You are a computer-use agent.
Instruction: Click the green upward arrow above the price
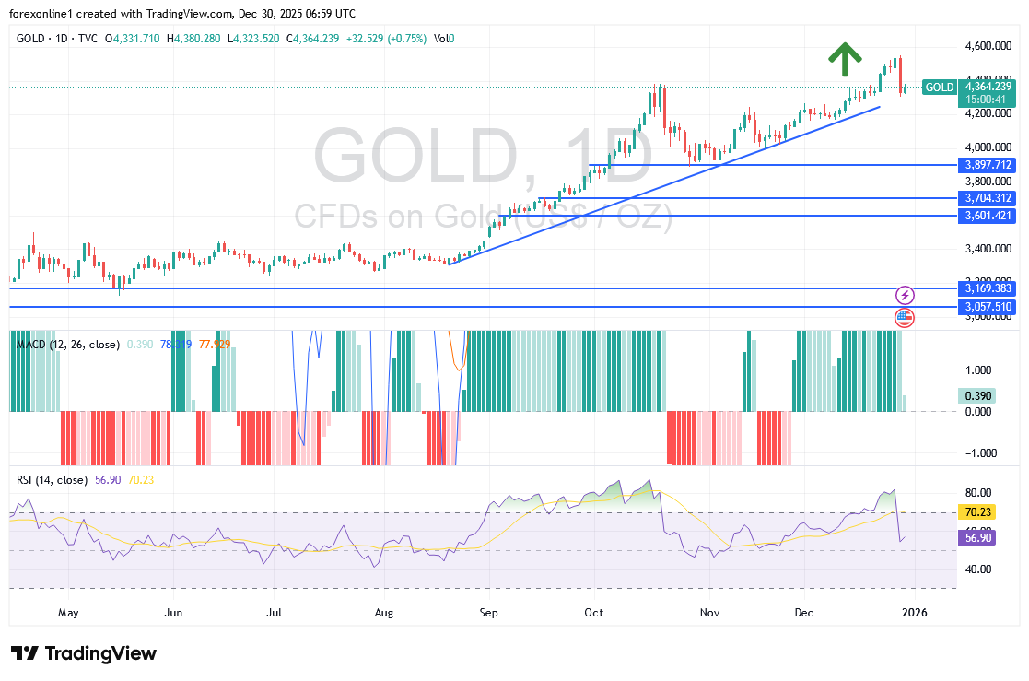(843, 59)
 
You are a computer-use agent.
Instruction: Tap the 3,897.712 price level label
(988, 165)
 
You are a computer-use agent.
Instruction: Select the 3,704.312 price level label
(988, 198)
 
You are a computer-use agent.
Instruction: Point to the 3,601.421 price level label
(988, 216)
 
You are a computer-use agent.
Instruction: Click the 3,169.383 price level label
(988, 288)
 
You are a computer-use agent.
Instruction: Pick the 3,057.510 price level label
(988, 306)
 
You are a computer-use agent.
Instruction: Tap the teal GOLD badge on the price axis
(939, 87)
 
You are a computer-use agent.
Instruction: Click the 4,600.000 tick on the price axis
(988, 45)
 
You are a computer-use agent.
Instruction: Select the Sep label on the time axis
(489, 612)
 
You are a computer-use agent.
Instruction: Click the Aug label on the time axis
(385, 612)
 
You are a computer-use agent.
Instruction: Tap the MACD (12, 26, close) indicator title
(68, 344)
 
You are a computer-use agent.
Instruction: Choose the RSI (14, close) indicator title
(52, 480)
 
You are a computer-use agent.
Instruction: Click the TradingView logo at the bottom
(84, 653)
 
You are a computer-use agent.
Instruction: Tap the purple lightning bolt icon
(905, 295)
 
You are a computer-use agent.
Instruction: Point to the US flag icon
(905, 318)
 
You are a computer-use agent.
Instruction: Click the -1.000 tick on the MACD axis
(981, 452)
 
